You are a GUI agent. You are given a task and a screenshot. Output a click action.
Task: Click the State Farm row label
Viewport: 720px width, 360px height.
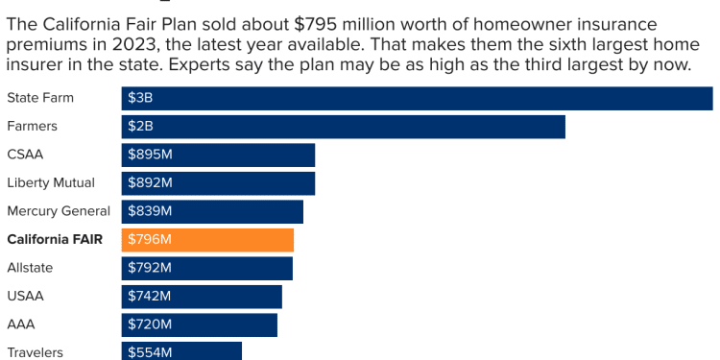point(39,98)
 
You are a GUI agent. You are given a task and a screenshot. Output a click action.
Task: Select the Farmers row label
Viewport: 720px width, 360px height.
point(33,126)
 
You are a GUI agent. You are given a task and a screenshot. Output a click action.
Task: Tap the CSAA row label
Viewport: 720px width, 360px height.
point(25,155)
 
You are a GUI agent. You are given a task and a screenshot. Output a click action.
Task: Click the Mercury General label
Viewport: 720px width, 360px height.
point(59,211)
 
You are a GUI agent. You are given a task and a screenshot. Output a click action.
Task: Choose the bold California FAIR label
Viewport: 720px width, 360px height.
point(55,239)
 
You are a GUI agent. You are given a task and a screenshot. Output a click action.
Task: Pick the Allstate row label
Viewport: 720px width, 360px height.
point(30,268)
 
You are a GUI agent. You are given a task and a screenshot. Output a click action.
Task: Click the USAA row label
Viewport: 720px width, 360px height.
point(26,296)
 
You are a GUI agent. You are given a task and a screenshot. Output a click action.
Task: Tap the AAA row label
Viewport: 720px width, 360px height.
point(21,324)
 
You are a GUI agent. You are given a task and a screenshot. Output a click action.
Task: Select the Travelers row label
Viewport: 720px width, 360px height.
point(35,352)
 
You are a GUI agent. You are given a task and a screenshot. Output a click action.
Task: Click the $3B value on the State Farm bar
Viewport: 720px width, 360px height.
point(141,98)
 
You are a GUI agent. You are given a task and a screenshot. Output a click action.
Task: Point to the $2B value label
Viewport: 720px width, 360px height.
point(141,126)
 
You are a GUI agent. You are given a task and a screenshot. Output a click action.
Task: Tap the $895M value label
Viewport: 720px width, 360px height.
point(150,155)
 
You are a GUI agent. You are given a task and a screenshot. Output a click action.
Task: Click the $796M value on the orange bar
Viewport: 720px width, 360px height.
point(150,239)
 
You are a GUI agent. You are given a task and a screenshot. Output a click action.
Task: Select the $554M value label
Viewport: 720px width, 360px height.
point(150,352)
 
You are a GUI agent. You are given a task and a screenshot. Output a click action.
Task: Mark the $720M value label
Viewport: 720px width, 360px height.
point(150,324)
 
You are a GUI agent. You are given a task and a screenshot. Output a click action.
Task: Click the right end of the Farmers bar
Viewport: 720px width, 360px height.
point(562,126)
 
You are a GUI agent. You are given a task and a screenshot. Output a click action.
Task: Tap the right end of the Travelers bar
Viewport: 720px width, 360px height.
point(239,352)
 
